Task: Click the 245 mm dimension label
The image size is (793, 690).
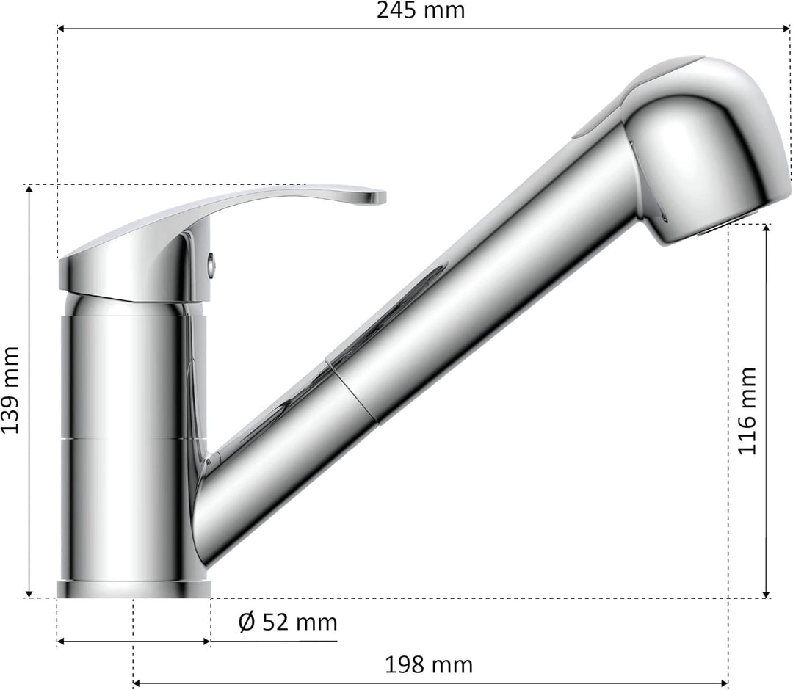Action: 421,11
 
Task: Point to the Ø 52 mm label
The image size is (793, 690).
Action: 288,622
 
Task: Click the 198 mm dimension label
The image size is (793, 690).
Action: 429,665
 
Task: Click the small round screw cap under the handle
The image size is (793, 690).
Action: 210,260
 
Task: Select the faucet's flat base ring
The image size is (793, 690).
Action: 134,589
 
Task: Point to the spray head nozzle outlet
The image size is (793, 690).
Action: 716,228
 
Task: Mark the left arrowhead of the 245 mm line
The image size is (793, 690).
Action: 61,29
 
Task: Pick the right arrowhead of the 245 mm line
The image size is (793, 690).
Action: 786,29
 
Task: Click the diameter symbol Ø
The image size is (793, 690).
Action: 247,622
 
